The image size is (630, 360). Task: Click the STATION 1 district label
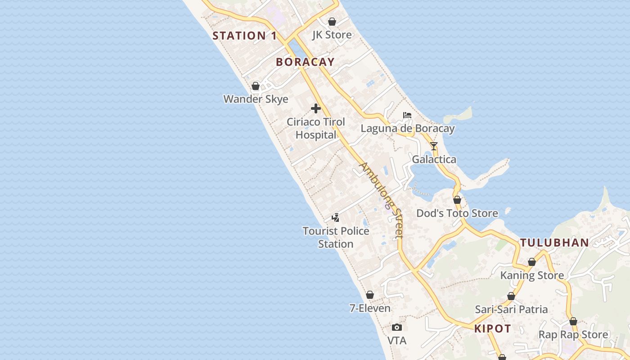tap(244, 36)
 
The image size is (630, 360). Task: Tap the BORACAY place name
tap(305, 62)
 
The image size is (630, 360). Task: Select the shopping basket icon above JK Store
tap(332, 22)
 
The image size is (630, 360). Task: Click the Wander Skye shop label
tap(256, 99)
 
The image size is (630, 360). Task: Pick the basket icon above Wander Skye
tap(256, 86)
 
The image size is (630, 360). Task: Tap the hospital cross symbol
tap(316, 108)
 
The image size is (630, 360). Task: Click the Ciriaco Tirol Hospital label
tap(316, 128)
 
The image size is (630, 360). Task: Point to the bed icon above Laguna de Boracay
tap(407, 115)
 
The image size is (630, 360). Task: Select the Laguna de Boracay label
tap(407, 128)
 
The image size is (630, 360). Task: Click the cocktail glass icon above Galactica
tap(434, 146)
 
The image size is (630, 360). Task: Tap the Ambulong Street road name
tap(381, 200)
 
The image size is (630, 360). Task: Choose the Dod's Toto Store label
tap(457, 213)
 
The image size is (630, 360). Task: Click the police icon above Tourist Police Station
tap(335, 218)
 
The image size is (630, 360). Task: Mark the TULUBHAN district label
tap(554, 243)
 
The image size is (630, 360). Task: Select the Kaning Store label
tap(532, 275)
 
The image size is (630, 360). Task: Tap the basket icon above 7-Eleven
tap(370, 295)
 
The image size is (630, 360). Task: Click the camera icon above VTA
tap(396, 327)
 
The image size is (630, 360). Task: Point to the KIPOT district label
tap(492, 329)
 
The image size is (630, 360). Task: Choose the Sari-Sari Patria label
tap(511, 310)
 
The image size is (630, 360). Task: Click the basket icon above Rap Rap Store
tap(573, 322)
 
